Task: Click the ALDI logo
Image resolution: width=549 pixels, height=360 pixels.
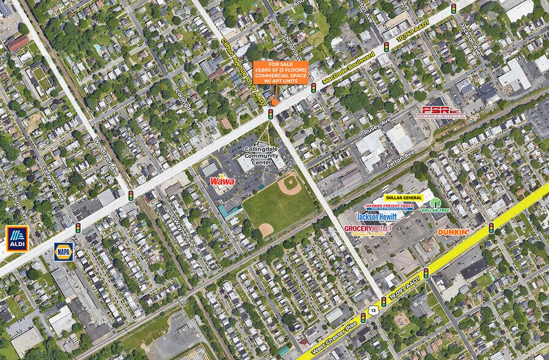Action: pos(17,239)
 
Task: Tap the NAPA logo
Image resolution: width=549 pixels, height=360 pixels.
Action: pos(63,251)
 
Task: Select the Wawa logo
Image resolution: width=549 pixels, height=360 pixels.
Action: pos(222,181)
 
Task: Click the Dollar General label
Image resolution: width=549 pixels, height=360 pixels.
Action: pos(403,198)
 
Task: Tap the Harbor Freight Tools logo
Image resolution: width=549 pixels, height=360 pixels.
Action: pos(389,206)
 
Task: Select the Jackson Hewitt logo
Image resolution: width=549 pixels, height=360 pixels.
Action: pos(376,217)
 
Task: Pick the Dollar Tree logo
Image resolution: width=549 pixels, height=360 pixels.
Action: pos(435,205)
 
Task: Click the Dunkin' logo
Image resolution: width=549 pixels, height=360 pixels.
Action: pos(453,232)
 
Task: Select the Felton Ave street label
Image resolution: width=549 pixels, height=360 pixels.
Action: pos(401,160)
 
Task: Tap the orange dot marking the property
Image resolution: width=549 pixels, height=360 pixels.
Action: pos(275,102)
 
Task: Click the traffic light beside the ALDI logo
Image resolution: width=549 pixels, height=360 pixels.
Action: pos(78,228)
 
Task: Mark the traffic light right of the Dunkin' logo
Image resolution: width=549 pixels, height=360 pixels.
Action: pos(491,228)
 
